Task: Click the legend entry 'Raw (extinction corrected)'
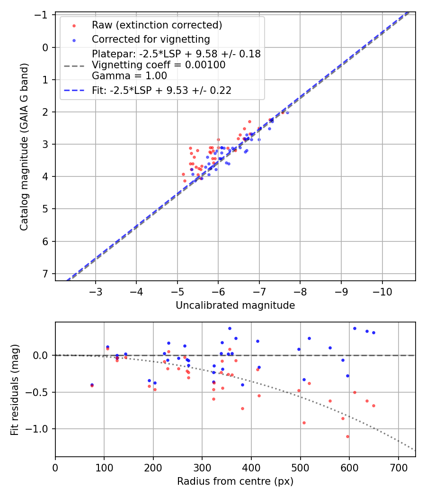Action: point(157,25)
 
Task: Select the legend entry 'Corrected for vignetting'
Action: point(151,39)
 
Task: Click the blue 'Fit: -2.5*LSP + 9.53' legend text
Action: point(161,91)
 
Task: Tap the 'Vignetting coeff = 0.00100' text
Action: point(159,65)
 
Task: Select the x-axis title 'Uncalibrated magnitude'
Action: point(235,305)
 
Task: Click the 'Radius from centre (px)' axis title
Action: point(235,481)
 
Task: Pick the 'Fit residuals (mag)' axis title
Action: point(15,389)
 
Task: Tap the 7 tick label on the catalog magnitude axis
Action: point(45,274)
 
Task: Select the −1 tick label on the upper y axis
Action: point(42,15)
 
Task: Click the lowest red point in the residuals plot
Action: point(347,436)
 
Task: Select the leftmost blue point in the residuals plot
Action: point(92,385)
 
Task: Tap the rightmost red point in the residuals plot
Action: point(373,406)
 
